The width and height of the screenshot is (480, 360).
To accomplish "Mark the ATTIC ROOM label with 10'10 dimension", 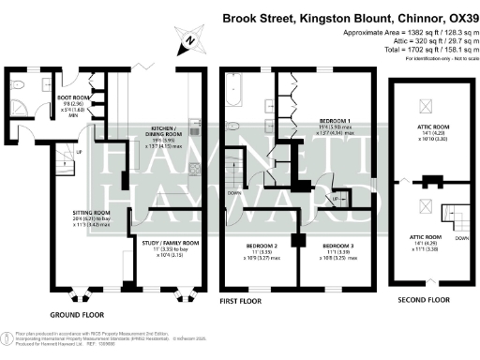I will point(428,134).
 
